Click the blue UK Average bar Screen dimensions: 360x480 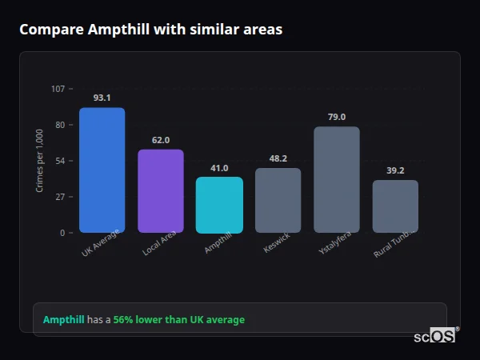102,170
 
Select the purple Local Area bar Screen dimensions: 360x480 161,191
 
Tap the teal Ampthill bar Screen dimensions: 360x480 219,205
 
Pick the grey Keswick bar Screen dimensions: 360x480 278,200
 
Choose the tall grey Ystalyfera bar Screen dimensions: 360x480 337,180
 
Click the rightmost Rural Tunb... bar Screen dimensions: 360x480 395,206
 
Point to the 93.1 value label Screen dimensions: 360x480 102,98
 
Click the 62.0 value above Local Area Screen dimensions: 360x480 161,140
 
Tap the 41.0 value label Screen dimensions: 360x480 219,168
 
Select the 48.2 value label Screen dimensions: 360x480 278,158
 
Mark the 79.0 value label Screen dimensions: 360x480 337,117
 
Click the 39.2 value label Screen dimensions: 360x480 395,170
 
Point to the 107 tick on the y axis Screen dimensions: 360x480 58,89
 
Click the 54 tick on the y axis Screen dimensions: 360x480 60,161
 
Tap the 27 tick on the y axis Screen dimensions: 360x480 60,197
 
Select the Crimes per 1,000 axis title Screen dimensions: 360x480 40,161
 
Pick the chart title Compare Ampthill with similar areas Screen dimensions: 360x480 150,30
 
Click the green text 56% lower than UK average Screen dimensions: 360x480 179,320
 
